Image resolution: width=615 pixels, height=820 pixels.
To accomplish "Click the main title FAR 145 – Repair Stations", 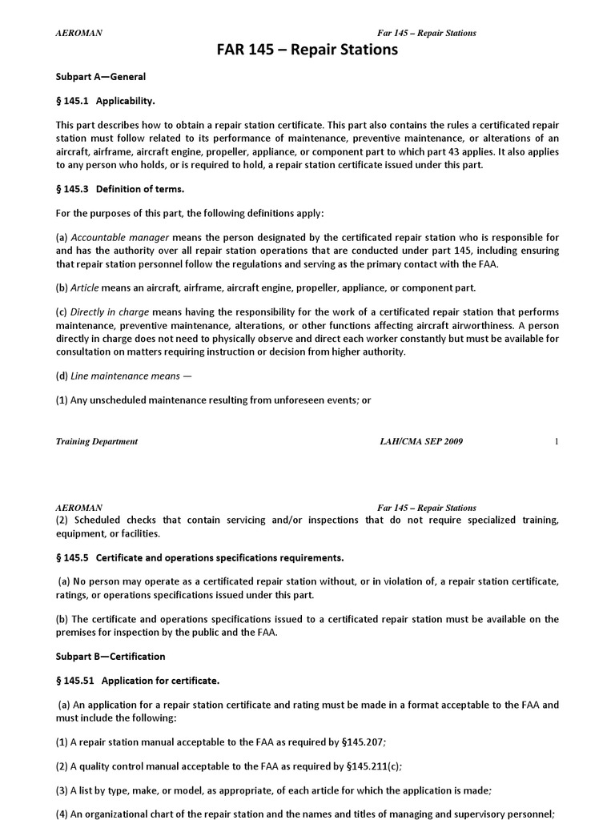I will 307,50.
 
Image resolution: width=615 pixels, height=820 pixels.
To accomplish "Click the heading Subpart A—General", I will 100,77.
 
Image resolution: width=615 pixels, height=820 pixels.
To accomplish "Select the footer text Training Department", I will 96,441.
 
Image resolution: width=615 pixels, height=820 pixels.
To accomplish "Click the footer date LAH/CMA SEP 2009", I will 420,441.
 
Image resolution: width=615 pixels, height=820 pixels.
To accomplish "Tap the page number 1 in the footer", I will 556,441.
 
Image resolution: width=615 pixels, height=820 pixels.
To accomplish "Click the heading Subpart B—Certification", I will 111,656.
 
